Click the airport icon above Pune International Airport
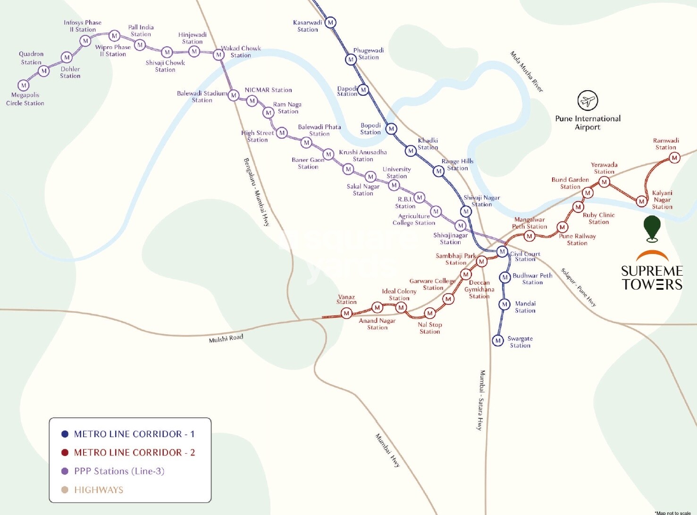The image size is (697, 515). tap(588, 101)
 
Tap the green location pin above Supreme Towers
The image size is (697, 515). tap(652, 228)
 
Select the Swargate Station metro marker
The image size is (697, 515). tap(498, 340)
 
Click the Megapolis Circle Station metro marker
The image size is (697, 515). tap(24, 85)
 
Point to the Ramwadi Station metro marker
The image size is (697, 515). tap(675, 158)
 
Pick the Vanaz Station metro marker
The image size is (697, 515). tap(346, 313)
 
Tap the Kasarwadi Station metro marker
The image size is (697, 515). tap(330, 22)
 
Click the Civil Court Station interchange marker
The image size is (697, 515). tap(503, 252)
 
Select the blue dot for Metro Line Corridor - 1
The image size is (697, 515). tap(65, 434)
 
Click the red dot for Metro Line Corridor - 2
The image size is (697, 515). tap(65, 453)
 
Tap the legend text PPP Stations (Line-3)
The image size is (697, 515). tap(119, 471)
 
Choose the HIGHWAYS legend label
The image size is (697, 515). tap(99, 490)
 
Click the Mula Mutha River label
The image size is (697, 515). tap(526, 72)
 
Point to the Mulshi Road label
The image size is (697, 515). tap(226, 338)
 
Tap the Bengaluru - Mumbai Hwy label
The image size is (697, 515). tap(256, 192)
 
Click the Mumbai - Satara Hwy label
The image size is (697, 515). tap(481, 400)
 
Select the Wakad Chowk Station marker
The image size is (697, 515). tap(218, 55)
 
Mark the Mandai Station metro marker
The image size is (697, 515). tap(504, 304)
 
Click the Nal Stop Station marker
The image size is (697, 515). tap(429, 313)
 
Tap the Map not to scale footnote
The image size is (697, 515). tap(672, 513)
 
